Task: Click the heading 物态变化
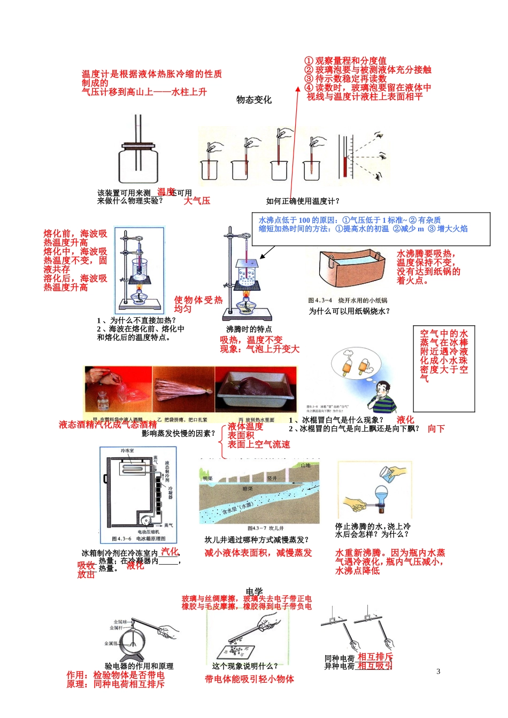pyautogui.click(x=254, y=100)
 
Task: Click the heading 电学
pyautogui.click(x=254, y=591)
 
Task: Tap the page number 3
pyautogui.click(x=438, y=672)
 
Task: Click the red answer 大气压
pyautogui.click(x=197, y=201)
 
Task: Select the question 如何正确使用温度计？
pyautogui.click(x=303, y=201)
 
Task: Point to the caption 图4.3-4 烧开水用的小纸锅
pyautogui.click(x=348, y=300)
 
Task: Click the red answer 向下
pyautogui.click(x=436, y=428)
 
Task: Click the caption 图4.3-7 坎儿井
pyautogui.click(x=262, y=528)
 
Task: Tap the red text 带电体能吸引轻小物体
pyautogui.click(x=249, y=679)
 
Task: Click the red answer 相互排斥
pyautogui.click(x=375, y=657)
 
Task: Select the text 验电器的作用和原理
pyautogui.click(x=139, y=666)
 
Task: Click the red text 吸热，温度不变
pyautogui.click(x=251, y=340)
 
